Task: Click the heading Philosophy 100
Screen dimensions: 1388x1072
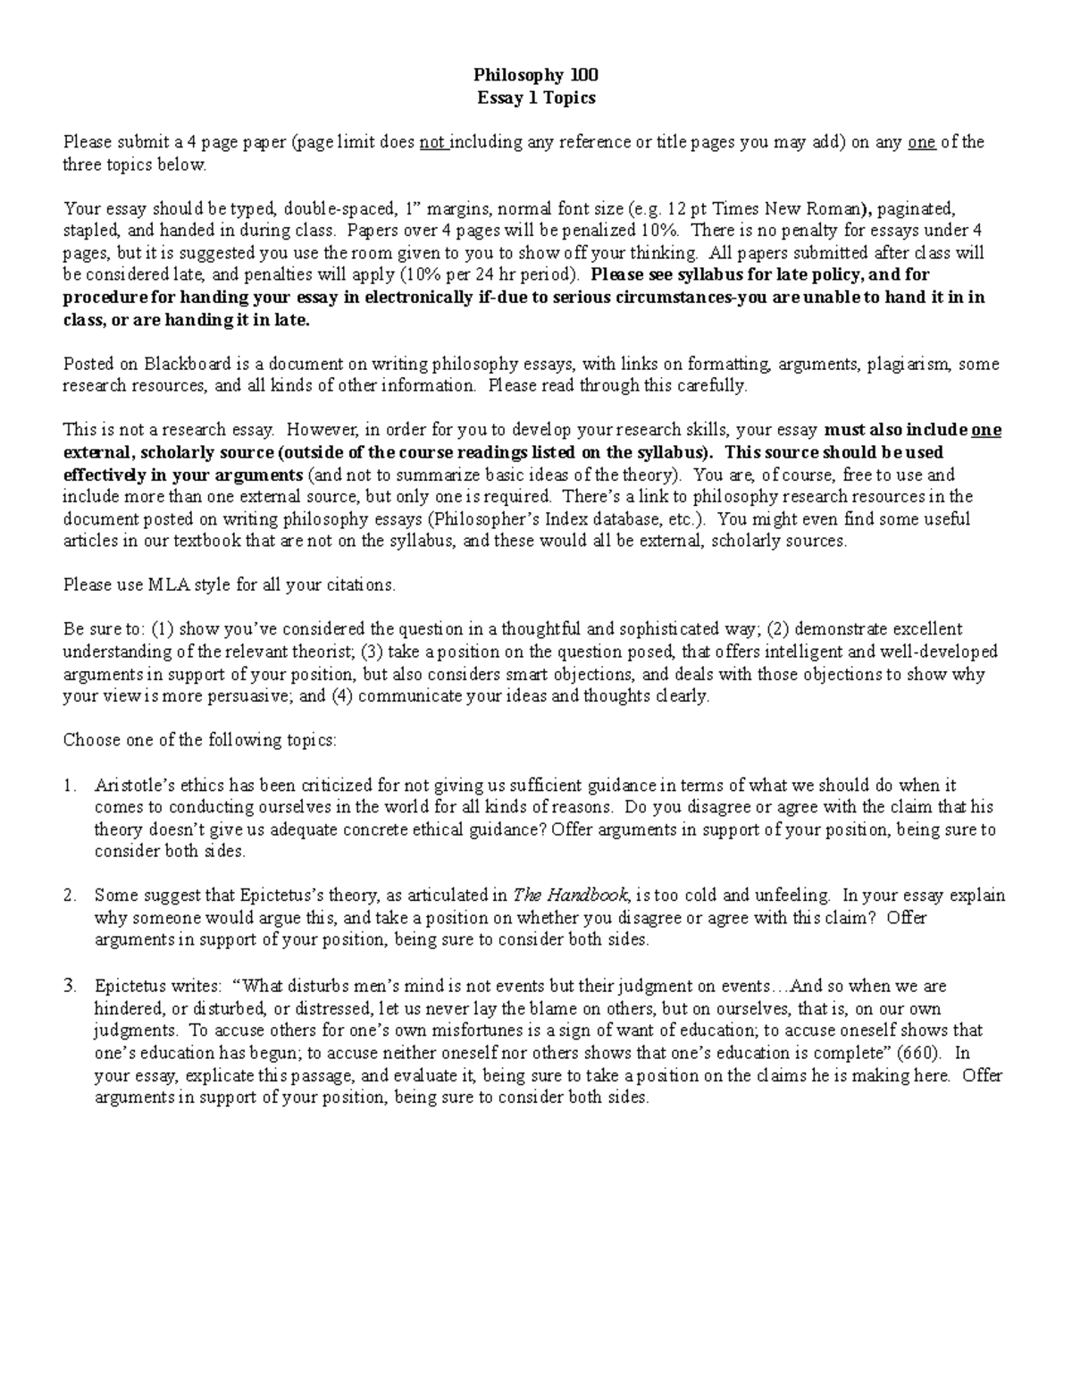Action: pos(536,76)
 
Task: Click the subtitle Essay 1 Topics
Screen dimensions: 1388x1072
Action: pos(536,98)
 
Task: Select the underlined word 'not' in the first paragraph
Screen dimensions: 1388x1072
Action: pos(433,142)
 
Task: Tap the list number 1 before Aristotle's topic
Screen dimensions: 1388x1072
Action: pos(70,786)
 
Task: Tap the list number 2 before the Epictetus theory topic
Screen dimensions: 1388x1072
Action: pos(70,896)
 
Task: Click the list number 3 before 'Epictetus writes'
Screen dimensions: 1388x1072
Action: pos(70,987)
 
